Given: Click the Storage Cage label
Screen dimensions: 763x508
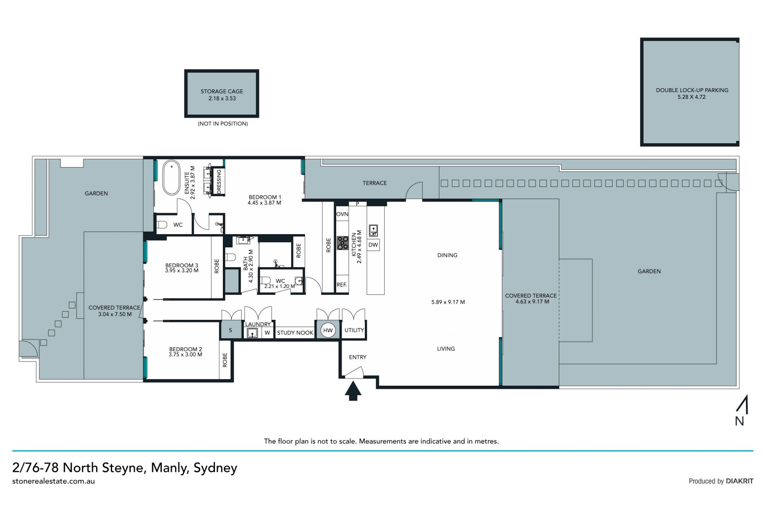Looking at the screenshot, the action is pos(222,91).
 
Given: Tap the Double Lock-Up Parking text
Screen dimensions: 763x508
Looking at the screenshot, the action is pos(692,90).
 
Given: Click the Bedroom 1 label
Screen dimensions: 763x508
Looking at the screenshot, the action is pos(265,197).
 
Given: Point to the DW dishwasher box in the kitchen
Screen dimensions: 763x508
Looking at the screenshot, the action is pos(373,245).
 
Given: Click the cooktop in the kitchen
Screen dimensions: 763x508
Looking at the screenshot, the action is pos(343,243).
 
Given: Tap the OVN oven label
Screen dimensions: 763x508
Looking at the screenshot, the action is pos(342,214).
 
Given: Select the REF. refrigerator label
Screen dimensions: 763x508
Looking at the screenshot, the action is pos(342,285).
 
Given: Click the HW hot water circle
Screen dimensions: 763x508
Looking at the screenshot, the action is pos(328,330).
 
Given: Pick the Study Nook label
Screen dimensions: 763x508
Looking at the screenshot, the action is pos(295,333).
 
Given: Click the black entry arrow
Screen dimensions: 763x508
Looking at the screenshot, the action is pos(353,391).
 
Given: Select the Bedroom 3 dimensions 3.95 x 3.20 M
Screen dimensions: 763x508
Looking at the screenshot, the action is pos(182,271).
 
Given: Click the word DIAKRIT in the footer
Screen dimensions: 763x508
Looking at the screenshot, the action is pos(740,481).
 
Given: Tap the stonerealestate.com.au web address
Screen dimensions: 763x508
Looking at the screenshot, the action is pos(54,481).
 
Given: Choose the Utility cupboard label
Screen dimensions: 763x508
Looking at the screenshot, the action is pos(354,330).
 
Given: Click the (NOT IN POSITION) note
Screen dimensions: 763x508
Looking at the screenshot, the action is pos(223,124).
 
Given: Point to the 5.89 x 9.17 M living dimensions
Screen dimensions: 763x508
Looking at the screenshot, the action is pos(448,302).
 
